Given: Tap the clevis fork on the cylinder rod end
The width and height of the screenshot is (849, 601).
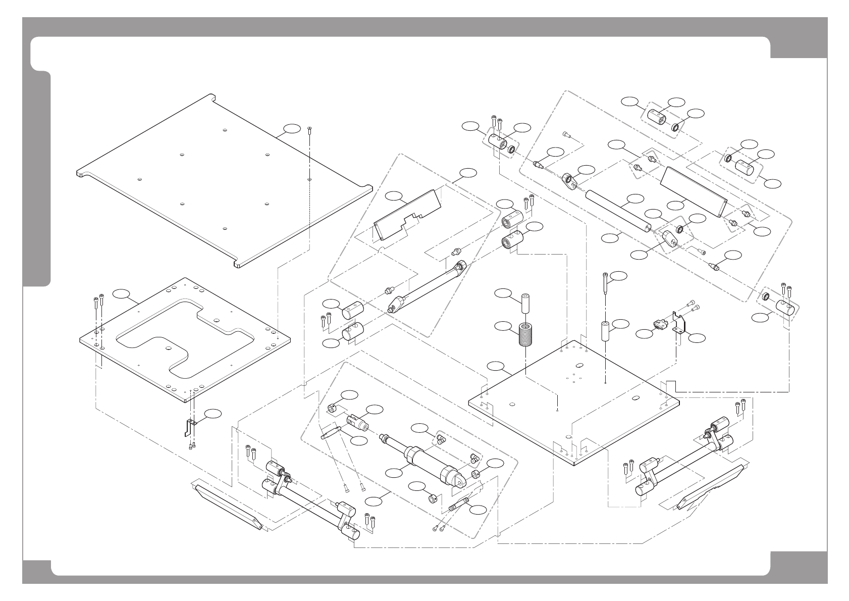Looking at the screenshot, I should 356,419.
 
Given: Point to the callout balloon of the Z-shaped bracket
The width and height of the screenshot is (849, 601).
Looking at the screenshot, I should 213,414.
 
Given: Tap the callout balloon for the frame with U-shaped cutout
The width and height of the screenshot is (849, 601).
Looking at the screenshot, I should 120,292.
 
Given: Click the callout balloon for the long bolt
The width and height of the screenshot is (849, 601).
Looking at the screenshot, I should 620,276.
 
